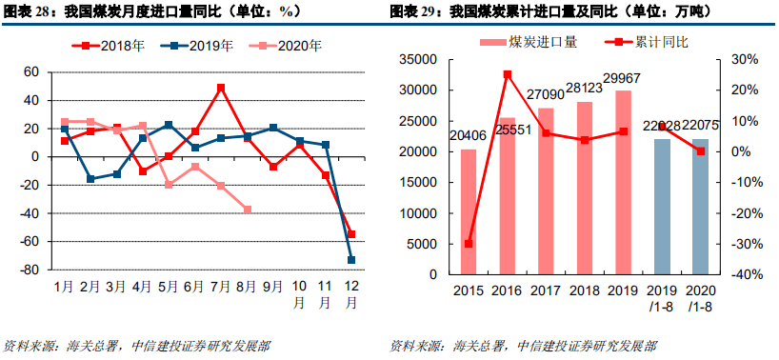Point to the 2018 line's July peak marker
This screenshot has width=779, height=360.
[x=221, y=88]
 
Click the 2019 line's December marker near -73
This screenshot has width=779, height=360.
[x=351, y=260]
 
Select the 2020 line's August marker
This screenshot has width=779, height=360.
[x=247, y=210]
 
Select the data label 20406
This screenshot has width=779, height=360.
[x=468, y=135]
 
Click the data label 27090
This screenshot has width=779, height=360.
[x=546, y=95]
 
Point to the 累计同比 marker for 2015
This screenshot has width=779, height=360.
[x=468, y=244]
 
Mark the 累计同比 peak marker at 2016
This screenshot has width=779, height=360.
[x=507, y=74]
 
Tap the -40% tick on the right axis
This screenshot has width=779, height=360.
[x=746, y=274]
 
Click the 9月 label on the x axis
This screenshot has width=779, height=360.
[x=273, y=286]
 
